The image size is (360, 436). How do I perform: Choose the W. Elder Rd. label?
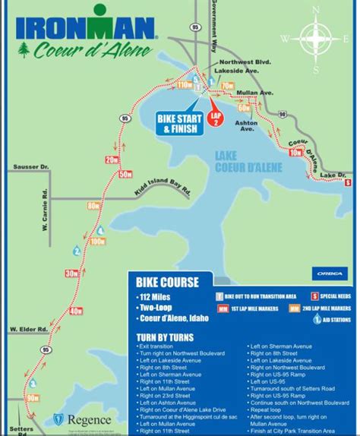click(27, 329)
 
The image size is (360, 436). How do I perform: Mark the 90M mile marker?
click(32, 397)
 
